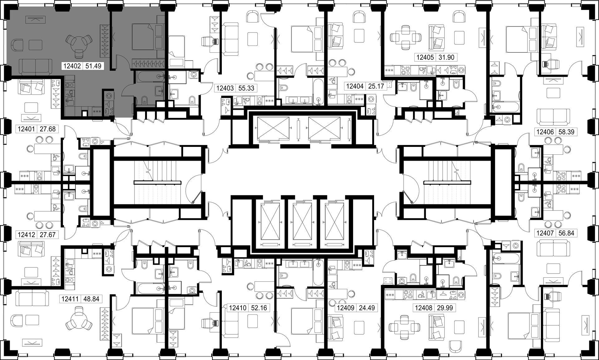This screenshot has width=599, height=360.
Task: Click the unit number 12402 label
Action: (x=72, y=66)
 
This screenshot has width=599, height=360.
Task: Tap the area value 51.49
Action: (x=93, y=66)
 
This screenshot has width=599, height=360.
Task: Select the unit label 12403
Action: (x=225, y=88)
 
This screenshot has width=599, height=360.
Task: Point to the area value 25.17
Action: (x=376, y=86)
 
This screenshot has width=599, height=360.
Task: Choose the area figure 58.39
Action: (x=566, y=132)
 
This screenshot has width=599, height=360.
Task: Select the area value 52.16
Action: (x=259, y=308)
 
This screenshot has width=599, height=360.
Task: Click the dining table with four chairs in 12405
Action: (x=405, y=38)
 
